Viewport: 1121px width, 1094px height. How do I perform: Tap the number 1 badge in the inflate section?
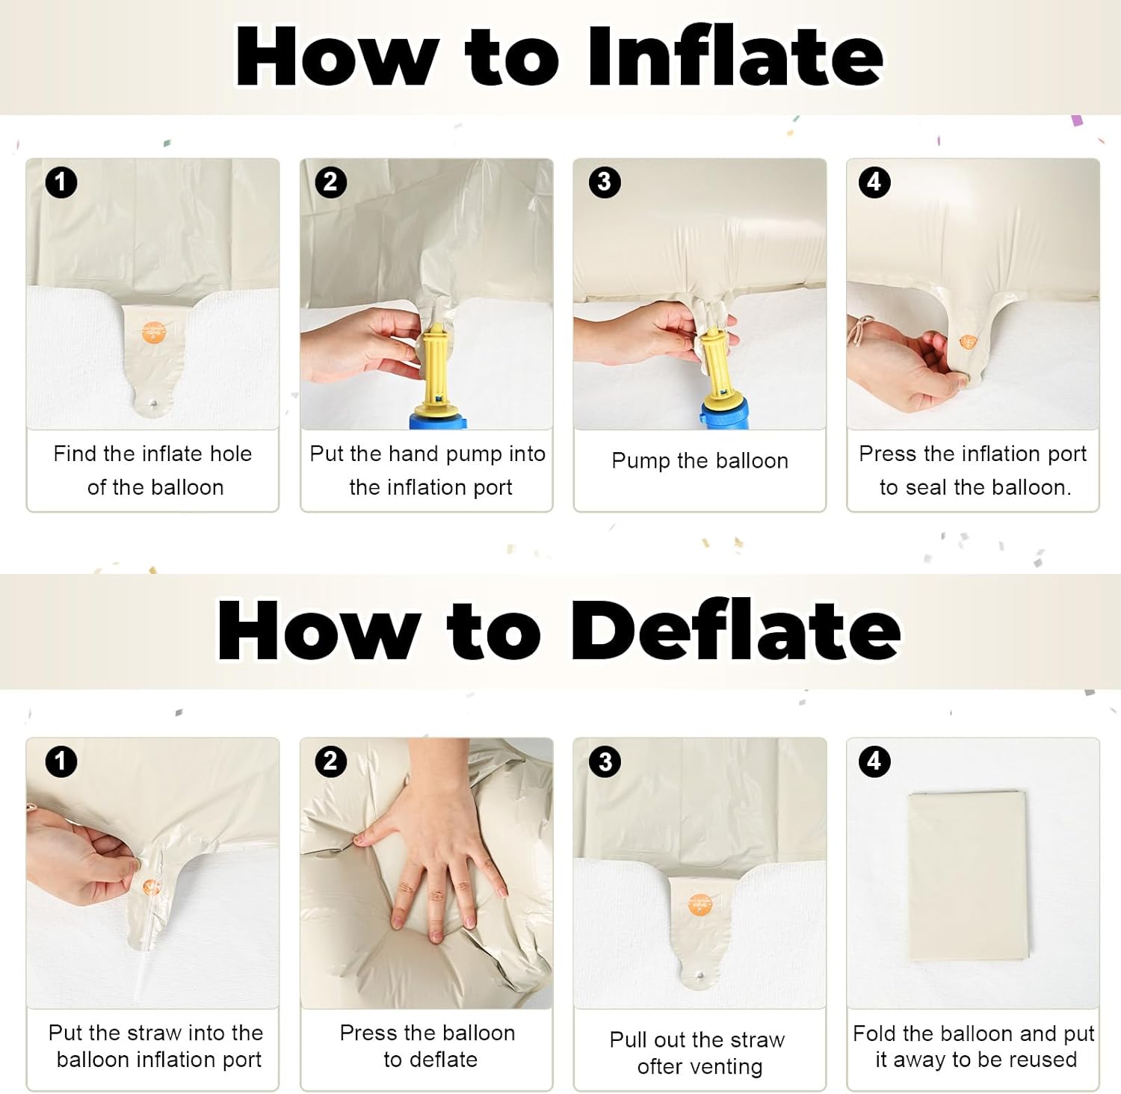tap(61, 182)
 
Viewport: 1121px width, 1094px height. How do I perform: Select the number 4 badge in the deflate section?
tap(874, 761)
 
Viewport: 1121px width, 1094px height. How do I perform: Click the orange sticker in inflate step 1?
tap(152, 333)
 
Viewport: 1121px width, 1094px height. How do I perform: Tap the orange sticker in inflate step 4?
tap(968, 342)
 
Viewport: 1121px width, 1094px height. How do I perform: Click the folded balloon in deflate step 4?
tap(969, 876)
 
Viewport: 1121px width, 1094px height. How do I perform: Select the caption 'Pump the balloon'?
tap(700, 461)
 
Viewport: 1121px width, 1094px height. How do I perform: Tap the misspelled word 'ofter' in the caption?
tap(661, 1066)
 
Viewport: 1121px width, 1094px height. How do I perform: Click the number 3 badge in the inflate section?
tap(605, 182)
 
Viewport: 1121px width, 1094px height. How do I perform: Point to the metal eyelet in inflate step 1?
tap(153, 402)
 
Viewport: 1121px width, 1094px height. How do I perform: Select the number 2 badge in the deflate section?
tap(331, 761)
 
